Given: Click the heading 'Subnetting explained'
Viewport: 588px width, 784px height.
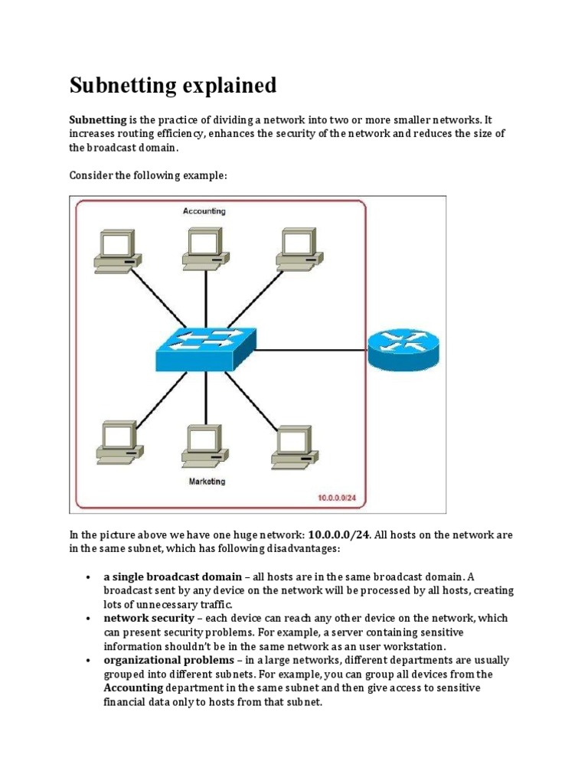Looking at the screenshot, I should click(173, 86).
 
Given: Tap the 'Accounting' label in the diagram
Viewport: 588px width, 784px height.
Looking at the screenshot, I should click(204, 211).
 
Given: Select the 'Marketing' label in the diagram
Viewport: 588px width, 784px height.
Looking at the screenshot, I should click(207, 482).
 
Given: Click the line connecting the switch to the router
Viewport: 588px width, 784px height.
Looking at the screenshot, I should click(311, 351).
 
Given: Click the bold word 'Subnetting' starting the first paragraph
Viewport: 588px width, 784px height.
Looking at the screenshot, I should click(98, 120).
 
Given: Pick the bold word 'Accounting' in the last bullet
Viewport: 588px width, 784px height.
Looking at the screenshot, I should click(133, 688).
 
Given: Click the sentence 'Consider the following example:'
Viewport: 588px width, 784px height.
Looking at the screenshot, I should click(149, 176).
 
